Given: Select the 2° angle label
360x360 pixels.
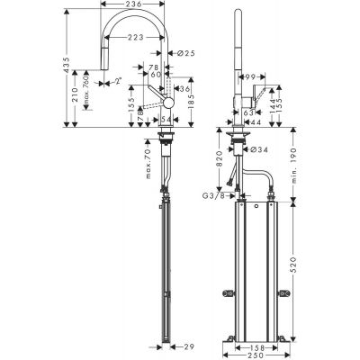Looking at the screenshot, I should pyautogui.click(x=119, y=80).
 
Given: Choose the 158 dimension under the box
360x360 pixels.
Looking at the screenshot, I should pyautogui.click(x=256, y=342).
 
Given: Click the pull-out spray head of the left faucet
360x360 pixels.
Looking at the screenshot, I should pyautogui.click(x=102, y=64).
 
